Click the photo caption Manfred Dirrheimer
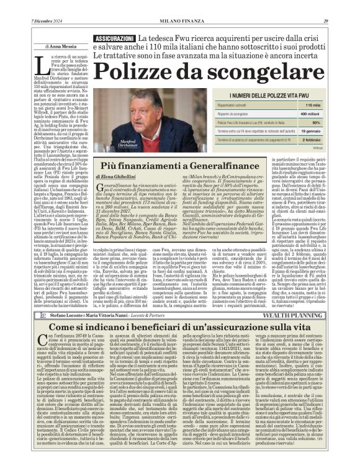115,143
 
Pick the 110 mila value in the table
312,105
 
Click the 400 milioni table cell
310,114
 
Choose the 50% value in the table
315,123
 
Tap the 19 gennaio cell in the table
310,132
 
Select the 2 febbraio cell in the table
311,141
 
